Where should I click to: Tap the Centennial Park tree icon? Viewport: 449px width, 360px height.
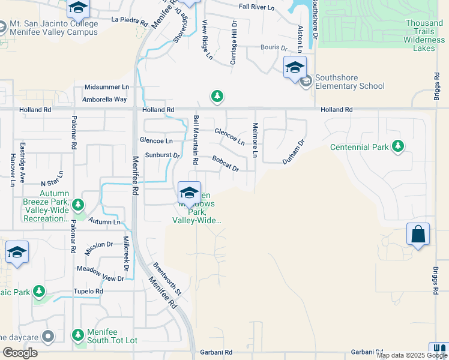pyautogui.click(x=397, y=146)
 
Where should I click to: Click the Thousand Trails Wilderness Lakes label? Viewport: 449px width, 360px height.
pyautogui.click(x=424, y=35)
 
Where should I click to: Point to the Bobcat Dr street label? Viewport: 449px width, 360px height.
pyautogui.click(x=226, y=164)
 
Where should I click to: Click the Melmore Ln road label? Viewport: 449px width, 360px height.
pyautogui.click(x=255, y=141)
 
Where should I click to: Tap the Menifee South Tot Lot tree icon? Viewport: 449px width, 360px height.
pyautogui.click(x=77, y=335)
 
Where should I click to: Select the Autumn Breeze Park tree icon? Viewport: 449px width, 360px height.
pyautogui.click(x=77, y=206)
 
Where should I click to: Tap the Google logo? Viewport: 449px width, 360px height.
pyautogui.click(x=20, y=353)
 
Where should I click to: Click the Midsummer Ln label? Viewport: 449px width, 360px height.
pyautogui.click(x=107, y=87)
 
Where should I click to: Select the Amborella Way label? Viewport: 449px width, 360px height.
pyautogui.click(x=104, y=99)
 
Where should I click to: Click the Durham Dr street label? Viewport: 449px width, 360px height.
pyautogui.click(x=294, y=152)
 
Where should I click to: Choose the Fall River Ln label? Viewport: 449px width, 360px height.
pyautogui.click(x=257, y=7)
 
